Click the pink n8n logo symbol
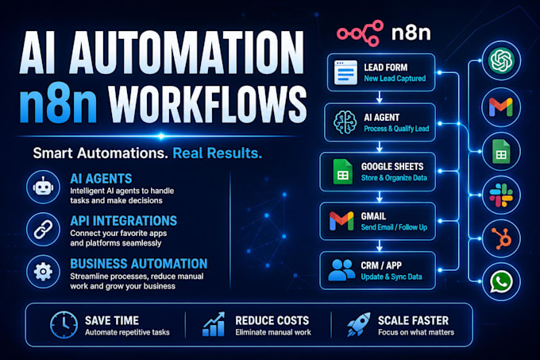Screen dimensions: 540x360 point(361,33)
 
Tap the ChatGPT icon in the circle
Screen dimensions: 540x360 point(501,60)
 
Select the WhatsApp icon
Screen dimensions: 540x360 point(501,282)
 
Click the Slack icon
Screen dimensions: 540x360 point(501,195)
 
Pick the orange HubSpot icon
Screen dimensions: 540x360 point(502,238)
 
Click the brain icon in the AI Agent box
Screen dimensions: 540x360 point(345,122)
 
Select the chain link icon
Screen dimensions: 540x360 point(43,230)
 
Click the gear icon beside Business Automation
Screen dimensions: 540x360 point(43,272)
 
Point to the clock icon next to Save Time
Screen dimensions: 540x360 point(64,325)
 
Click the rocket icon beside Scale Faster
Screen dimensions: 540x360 point(358,324)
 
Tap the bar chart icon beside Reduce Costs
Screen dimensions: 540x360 point(214,324)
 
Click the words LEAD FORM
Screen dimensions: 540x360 point(386,68)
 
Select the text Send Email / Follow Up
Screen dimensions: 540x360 point(394,227)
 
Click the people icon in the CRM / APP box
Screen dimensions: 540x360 point(341,269)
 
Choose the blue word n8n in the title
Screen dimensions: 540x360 point(59,103)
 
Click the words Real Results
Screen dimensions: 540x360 point(218,153)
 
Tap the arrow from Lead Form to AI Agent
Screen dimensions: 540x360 point(379,97)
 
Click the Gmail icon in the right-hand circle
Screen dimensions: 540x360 point(501,107)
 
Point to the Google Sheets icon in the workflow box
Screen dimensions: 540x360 point(343,172)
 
